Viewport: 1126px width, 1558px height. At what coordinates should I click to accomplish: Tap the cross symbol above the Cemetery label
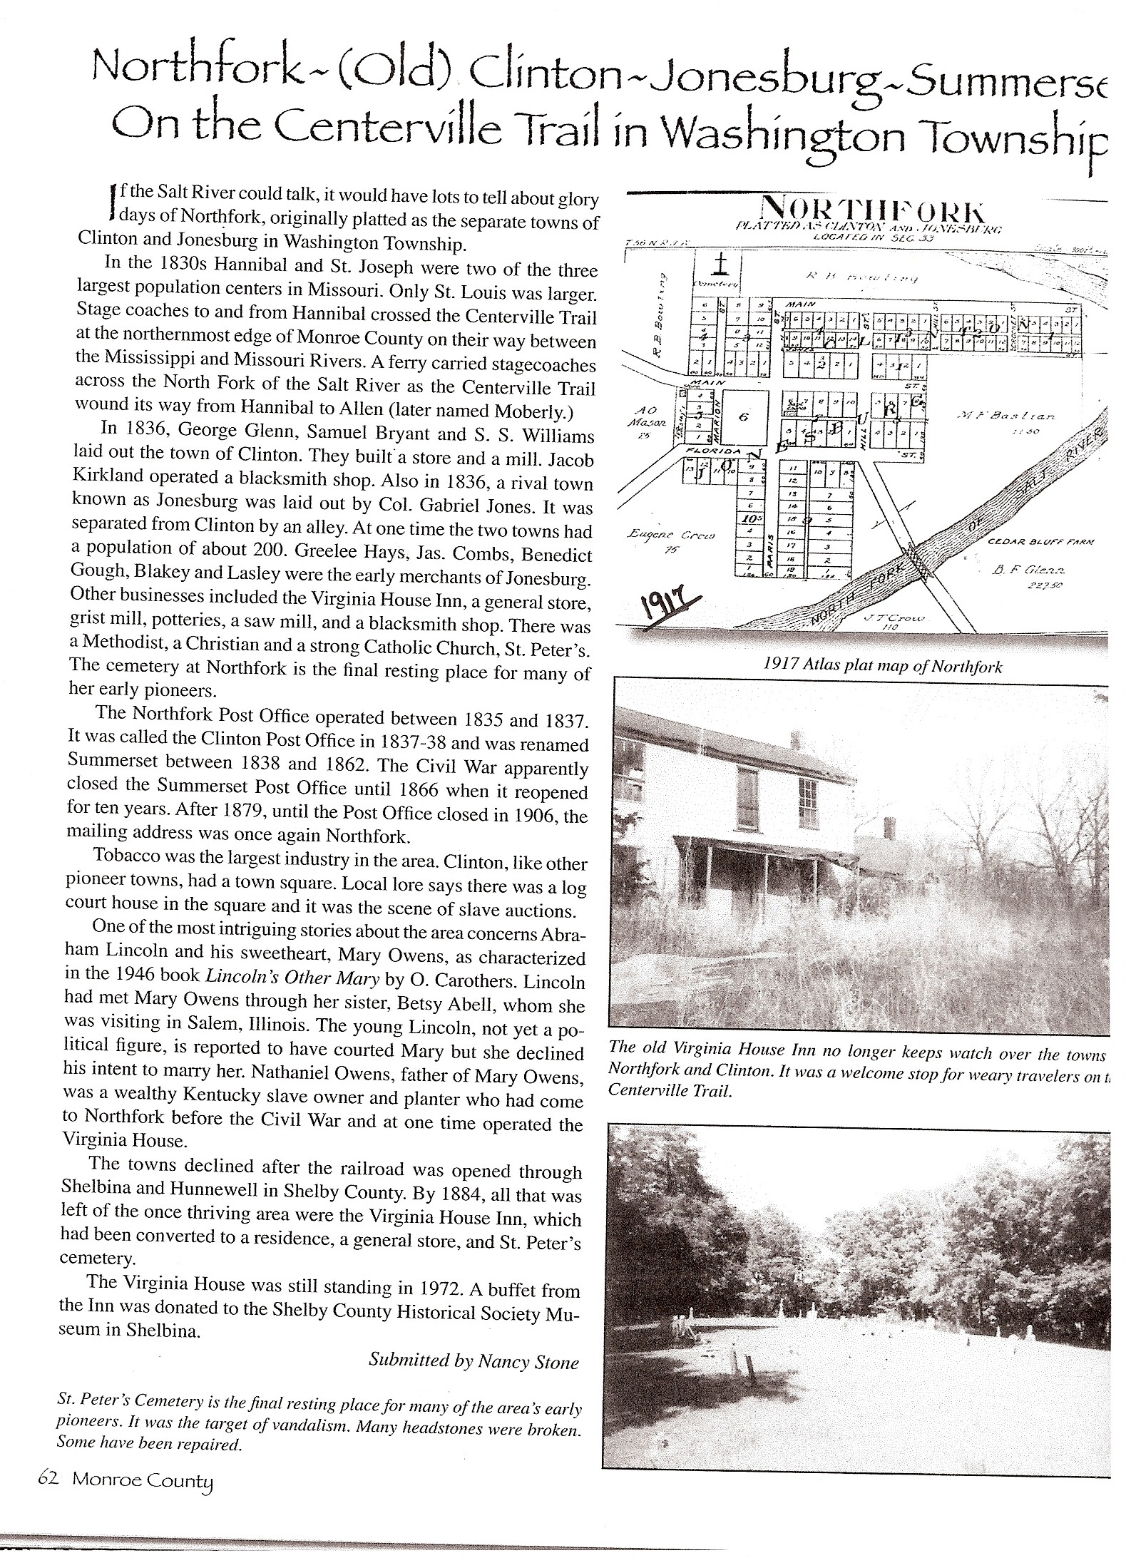(x=721, y=266)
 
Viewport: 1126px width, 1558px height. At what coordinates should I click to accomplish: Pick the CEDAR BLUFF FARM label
(x=1040, y=542)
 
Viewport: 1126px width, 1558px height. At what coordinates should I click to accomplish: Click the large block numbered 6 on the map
(x=743, y=417)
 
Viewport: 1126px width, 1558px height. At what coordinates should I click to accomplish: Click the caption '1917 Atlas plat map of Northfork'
(x=882, y=667)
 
